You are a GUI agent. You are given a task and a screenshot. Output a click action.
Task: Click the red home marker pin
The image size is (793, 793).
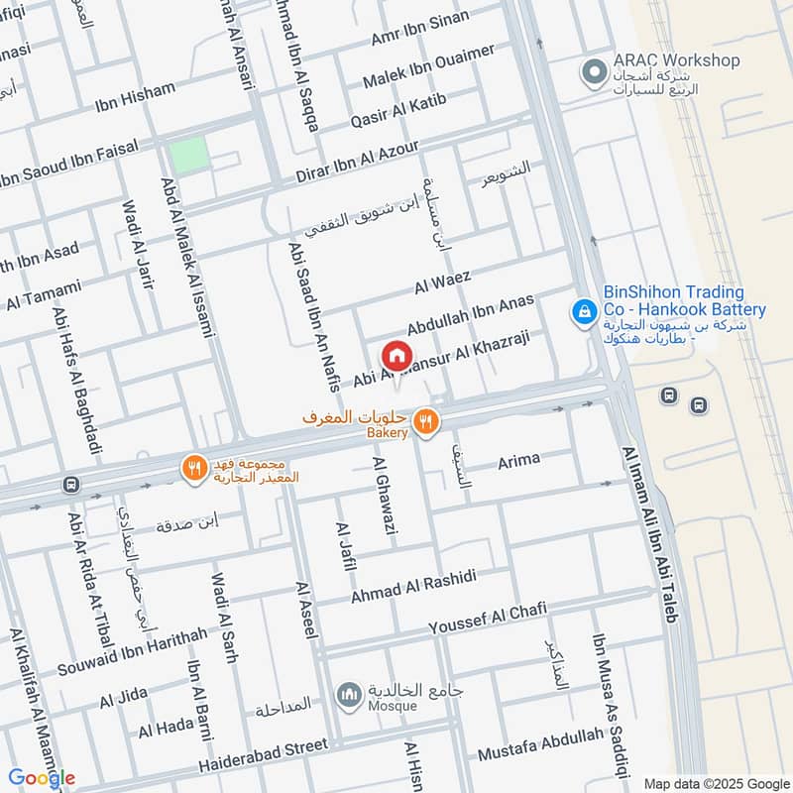(x=396, y=355)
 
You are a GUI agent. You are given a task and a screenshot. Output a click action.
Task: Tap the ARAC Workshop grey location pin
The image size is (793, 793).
(x=594, y=71)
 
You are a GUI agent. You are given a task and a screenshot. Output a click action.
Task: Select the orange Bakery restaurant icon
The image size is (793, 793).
(x=427, y=420)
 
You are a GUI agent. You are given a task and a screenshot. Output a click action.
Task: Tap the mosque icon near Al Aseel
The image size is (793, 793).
(x=348, y=696)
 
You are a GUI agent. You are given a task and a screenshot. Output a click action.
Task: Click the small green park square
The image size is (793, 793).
(x=188, y=155)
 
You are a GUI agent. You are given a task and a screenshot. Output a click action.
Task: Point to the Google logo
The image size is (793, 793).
(x=42, y=778)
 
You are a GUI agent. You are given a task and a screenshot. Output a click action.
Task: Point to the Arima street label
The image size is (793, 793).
(x=518, y=459)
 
